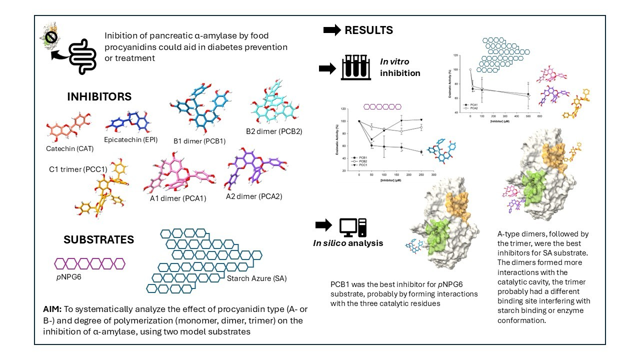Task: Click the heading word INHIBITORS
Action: [99, 96]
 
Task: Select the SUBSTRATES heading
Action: [98, 239]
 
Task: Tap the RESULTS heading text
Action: [368, 30]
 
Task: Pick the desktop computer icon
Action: [353, 227]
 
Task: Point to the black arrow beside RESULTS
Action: [331, 30]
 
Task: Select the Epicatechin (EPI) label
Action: [131, 139]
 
